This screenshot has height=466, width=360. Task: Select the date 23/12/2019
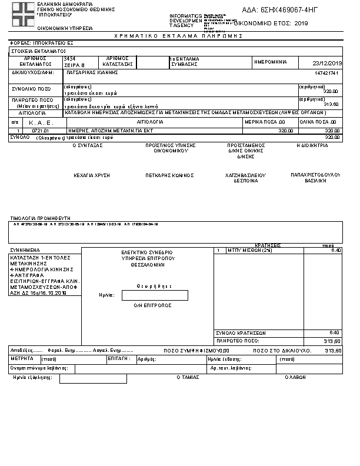328,63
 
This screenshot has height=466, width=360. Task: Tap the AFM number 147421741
328,73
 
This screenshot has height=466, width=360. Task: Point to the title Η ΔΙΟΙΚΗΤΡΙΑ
312,145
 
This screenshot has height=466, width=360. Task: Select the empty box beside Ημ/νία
155,295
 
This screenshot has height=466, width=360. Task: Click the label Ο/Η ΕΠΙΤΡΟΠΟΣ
152,306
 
